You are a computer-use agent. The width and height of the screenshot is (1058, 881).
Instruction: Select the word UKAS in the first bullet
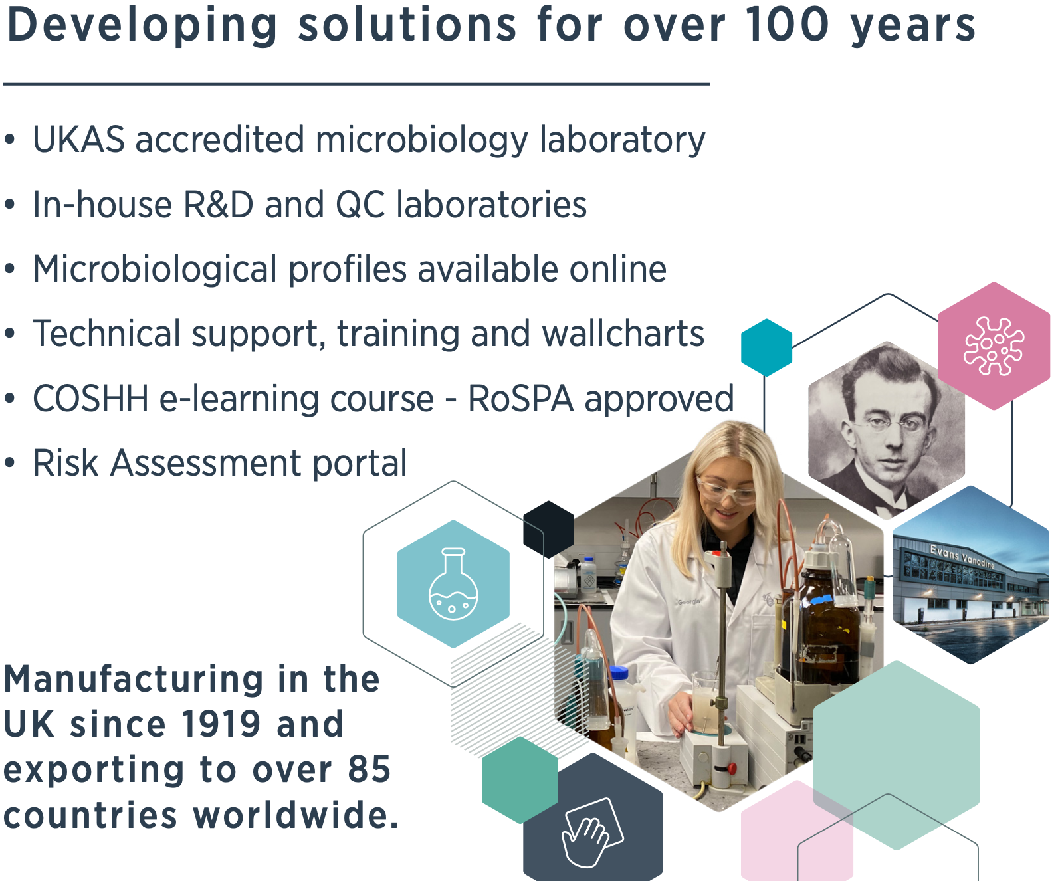[78, 140]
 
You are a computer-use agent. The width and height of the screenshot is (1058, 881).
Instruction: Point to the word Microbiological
[155, 270]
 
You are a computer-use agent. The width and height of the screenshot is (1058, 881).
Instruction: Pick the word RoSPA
[520, 399]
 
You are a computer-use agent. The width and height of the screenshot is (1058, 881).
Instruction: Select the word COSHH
[90, 399]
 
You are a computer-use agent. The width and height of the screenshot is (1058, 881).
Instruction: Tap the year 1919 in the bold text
[221, 724]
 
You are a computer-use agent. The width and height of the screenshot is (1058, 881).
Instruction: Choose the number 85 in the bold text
[370, 769]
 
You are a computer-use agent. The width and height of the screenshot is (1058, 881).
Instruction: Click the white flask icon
[453, 583]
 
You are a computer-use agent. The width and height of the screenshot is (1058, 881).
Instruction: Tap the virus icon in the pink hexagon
[993, 346]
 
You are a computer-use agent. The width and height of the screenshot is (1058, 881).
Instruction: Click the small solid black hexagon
[548, 530]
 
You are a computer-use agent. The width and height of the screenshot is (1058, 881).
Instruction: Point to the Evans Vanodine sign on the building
[962, 556]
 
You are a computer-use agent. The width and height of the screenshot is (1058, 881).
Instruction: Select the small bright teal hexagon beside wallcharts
[766, 347]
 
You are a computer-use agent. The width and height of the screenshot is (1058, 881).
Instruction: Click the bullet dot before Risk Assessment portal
[9, 463]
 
